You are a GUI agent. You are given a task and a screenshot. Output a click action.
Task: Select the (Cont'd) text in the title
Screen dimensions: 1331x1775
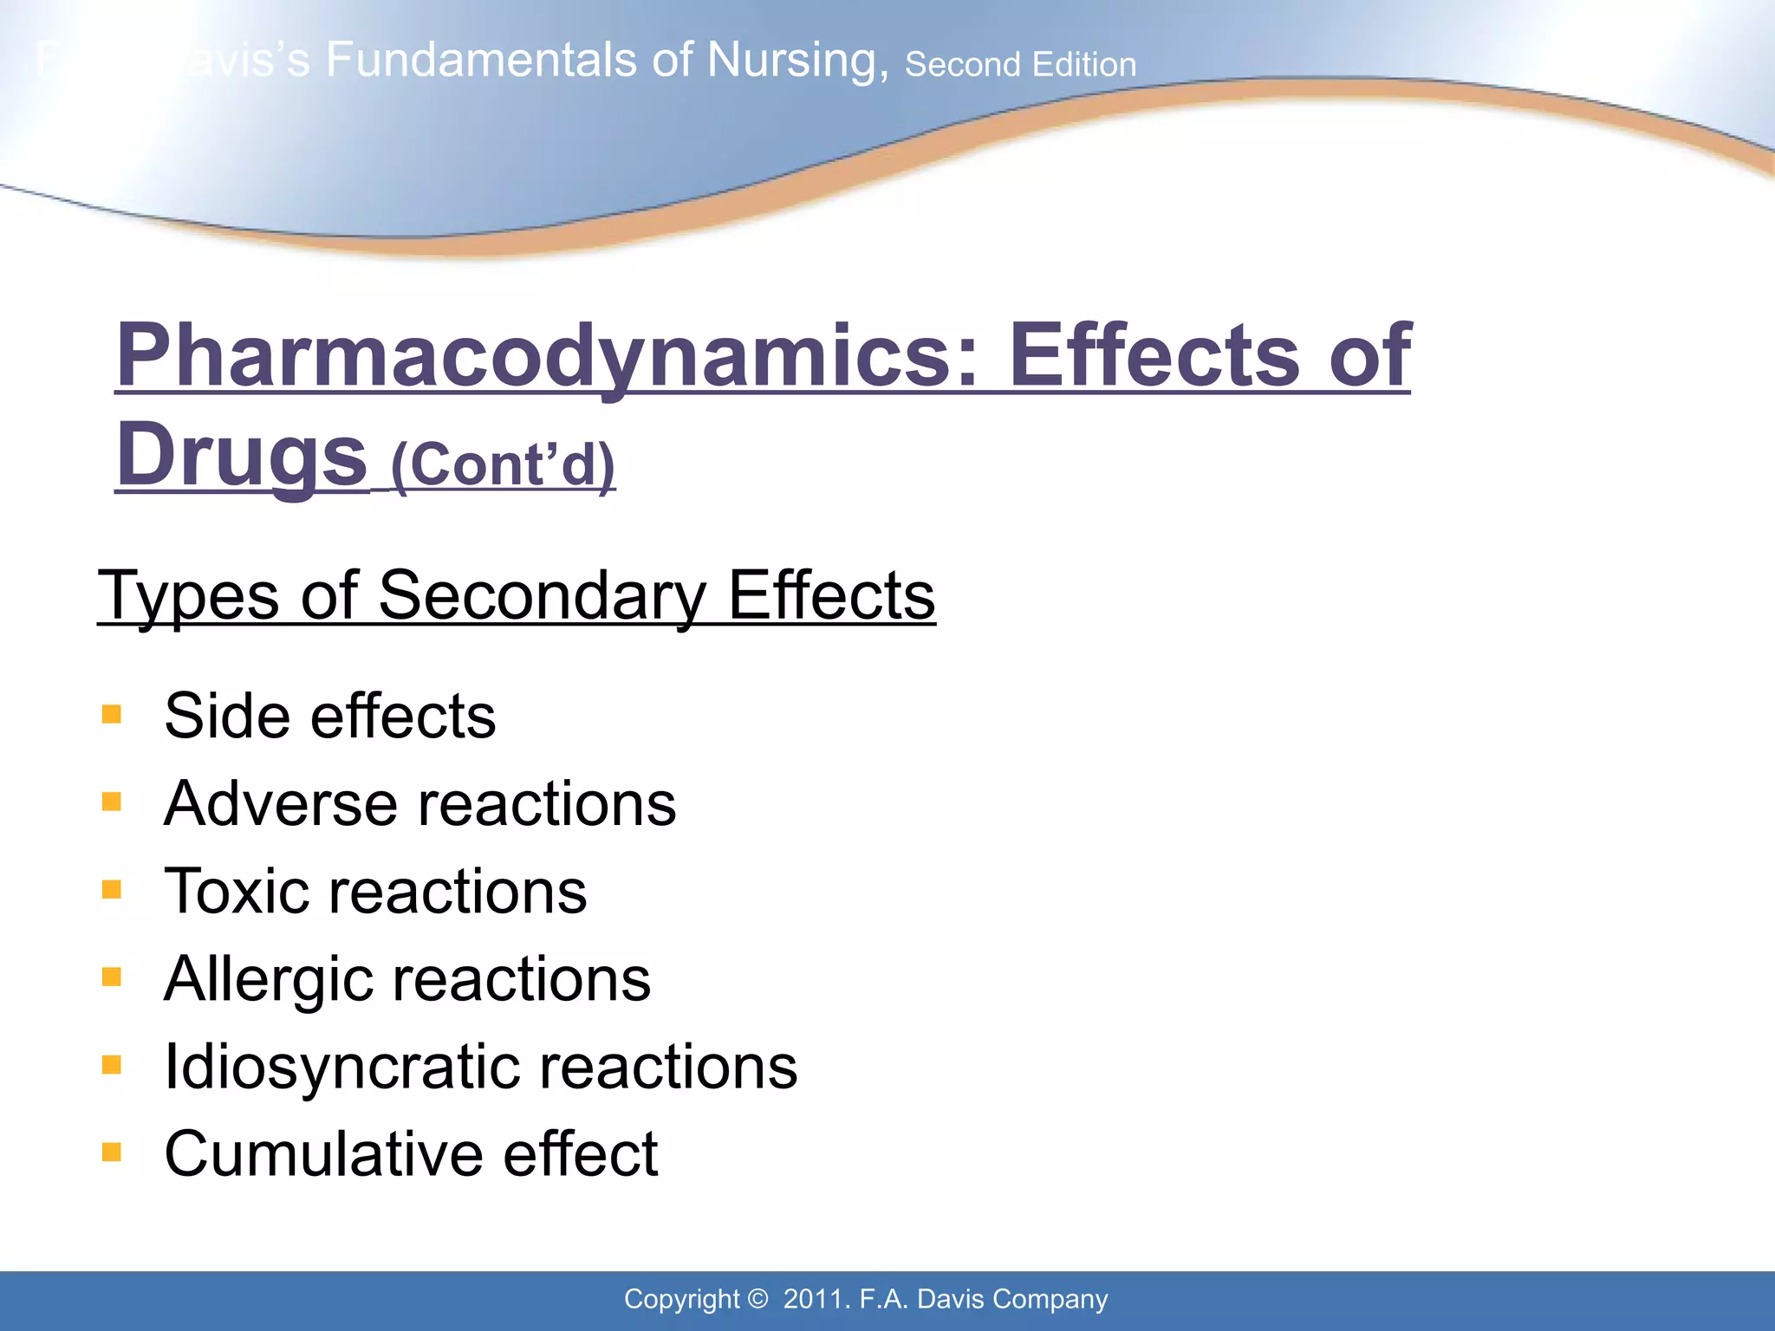click(x=504, y=464)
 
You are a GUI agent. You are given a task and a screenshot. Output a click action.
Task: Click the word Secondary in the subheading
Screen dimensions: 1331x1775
click(x=542, y=596)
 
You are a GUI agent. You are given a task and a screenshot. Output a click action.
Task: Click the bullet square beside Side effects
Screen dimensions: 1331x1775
click(x=112, y=715)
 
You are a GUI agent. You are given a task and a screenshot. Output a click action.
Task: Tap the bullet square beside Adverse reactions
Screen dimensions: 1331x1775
click(x=112, y=802)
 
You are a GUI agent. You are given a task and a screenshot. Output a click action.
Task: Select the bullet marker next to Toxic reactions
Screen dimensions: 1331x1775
click(x=112, y=890)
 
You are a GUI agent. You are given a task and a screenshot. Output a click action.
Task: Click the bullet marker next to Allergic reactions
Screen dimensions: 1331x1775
click(x=112, y=977)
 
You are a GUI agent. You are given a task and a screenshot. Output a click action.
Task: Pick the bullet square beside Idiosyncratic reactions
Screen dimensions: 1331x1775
click(x=112, y=1065)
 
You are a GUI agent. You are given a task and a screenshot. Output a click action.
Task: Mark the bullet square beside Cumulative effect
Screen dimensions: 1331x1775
click(x=112, y=1152)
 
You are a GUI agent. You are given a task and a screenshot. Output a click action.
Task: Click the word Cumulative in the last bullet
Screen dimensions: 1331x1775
click(x=324, y=1154)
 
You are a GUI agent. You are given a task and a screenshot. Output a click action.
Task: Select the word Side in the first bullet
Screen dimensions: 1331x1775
click(x=226, y=717)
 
